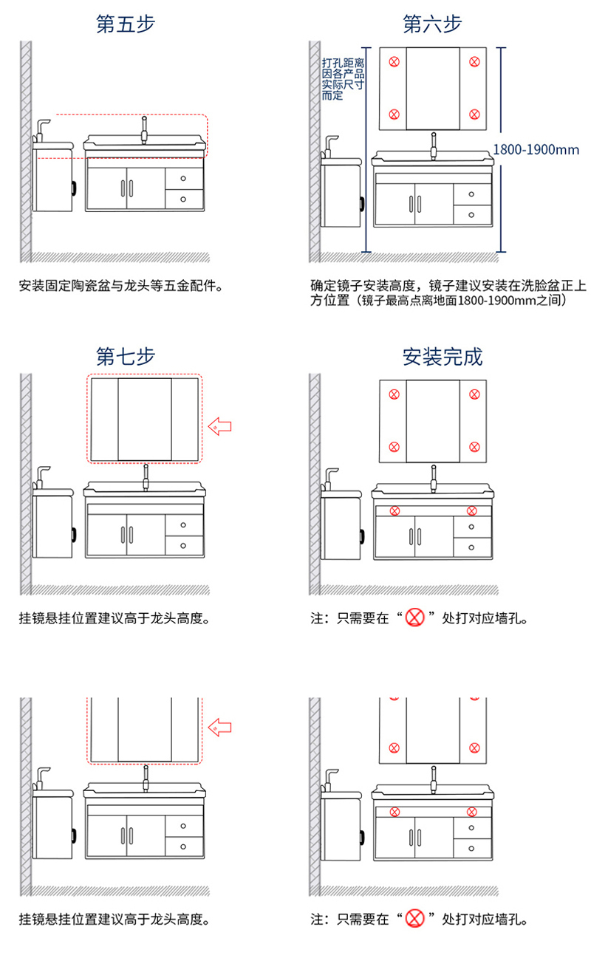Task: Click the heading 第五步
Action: pyautogui.click(x=126, y=24)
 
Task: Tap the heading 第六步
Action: pyautogui.click(x=432, y=24)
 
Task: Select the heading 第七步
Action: pyautogui.click(x=126, y=357)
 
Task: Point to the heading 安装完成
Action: pyautogui.click(x=443, y=357)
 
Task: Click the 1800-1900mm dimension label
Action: pyautogui.click(x=536, y=150)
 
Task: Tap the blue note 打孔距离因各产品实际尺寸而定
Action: pyautogui.click(x=343, y=79)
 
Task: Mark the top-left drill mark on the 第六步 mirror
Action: pyautogui.click(x=394, y=62)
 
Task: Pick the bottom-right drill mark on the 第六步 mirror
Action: pyautogui.click(x=474, y=114)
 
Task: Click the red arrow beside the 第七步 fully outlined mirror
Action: pyautogui.click(x=219, y=426)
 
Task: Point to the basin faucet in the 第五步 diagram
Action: pyautogui.click(x=144, y=130)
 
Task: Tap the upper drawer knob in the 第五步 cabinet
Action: pyautogui.click(x=183, y=179)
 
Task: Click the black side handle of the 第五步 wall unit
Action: pyautogui.click(x=74, y=188)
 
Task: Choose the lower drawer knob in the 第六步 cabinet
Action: pyautogui.click(x=471, y=215)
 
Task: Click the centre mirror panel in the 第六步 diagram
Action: pyautogui.click(x=433, y=89)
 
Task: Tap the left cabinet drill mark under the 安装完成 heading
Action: pyautogui.click(x=394, y=511)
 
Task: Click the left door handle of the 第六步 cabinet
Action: pyautogui.click(x=411, y=204)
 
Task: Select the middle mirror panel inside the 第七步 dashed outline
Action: pyautogui.click(x=145, y=419)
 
